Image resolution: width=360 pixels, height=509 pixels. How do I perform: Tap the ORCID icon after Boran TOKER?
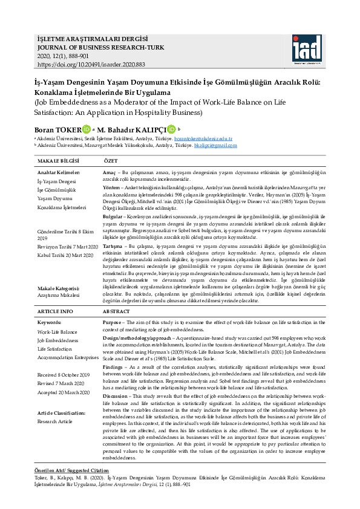pyautogui.click(x=87, y=129)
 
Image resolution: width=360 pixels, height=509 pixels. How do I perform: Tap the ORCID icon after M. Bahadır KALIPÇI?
pyautogui.click(x=171, y=129)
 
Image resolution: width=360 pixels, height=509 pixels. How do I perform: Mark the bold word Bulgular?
pyautogui.click(x=113, y=215)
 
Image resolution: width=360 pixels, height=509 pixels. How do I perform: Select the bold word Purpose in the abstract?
pyautogui.click(x=113, y=322)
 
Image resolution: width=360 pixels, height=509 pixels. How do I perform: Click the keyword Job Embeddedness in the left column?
pyautogui.click(x=58, y=341)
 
